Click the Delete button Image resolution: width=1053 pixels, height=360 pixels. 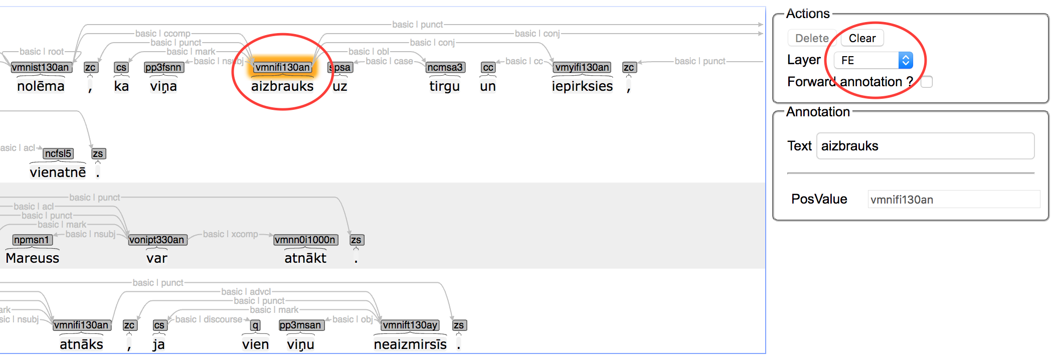click(811, 38)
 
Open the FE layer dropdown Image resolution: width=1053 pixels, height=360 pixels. click(873, 60)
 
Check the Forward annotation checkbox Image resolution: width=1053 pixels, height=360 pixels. click(927, 82)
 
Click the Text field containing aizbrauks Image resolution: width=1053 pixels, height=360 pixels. click(925, 146)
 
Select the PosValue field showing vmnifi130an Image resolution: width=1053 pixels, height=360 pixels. click(953, 200)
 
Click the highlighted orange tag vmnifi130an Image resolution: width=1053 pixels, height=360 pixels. click(282, 67)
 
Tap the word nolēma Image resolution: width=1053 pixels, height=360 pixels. click(41, 86)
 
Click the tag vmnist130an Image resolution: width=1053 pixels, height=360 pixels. click(40, 67)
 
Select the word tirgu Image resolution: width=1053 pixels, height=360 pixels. click(444, 86)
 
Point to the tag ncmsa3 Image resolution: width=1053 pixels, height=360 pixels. click(445, 67)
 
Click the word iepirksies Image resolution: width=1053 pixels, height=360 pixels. click(582, 86)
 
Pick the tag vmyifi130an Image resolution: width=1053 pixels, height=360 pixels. click(582, 67)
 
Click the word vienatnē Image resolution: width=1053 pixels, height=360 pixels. click(58, 172)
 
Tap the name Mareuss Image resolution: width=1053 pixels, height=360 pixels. click(33, 258)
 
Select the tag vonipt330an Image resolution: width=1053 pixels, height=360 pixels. click(157, 240)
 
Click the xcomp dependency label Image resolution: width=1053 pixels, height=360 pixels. click(230, 234)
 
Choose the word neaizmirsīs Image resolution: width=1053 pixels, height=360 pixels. click(410, 344)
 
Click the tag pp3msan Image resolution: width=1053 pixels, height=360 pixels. click(300, 325)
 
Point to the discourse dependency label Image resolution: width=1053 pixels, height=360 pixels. click(209, 319)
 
